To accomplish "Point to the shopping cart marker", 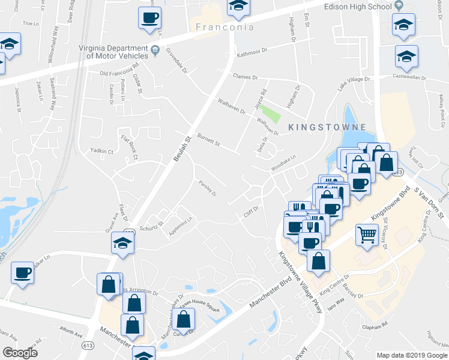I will point(367,234).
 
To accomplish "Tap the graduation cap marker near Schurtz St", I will point(122,243).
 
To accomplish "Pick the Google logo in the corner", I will point(20,352).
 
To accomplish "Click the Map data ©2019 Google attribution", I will point(412,355).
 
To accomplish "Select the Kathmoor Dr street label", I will point(251,52).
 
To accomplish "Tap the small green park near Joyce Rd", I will point(272,113).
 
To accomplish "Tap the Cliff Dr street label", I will point(250,212).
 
